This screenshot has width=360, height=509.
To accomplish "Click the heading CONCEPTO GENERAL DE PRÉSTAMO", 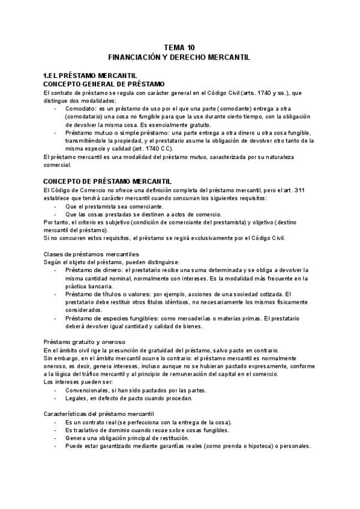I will (104, 84).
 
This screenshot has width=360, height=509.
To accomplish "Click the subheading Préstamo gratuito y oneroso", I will (85, 342).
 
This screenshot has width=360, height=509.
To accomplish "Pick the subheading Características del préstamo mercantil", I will (99, 414).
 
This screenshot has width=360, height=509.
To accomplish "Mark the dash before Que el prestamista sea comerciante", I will (56, 206).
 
